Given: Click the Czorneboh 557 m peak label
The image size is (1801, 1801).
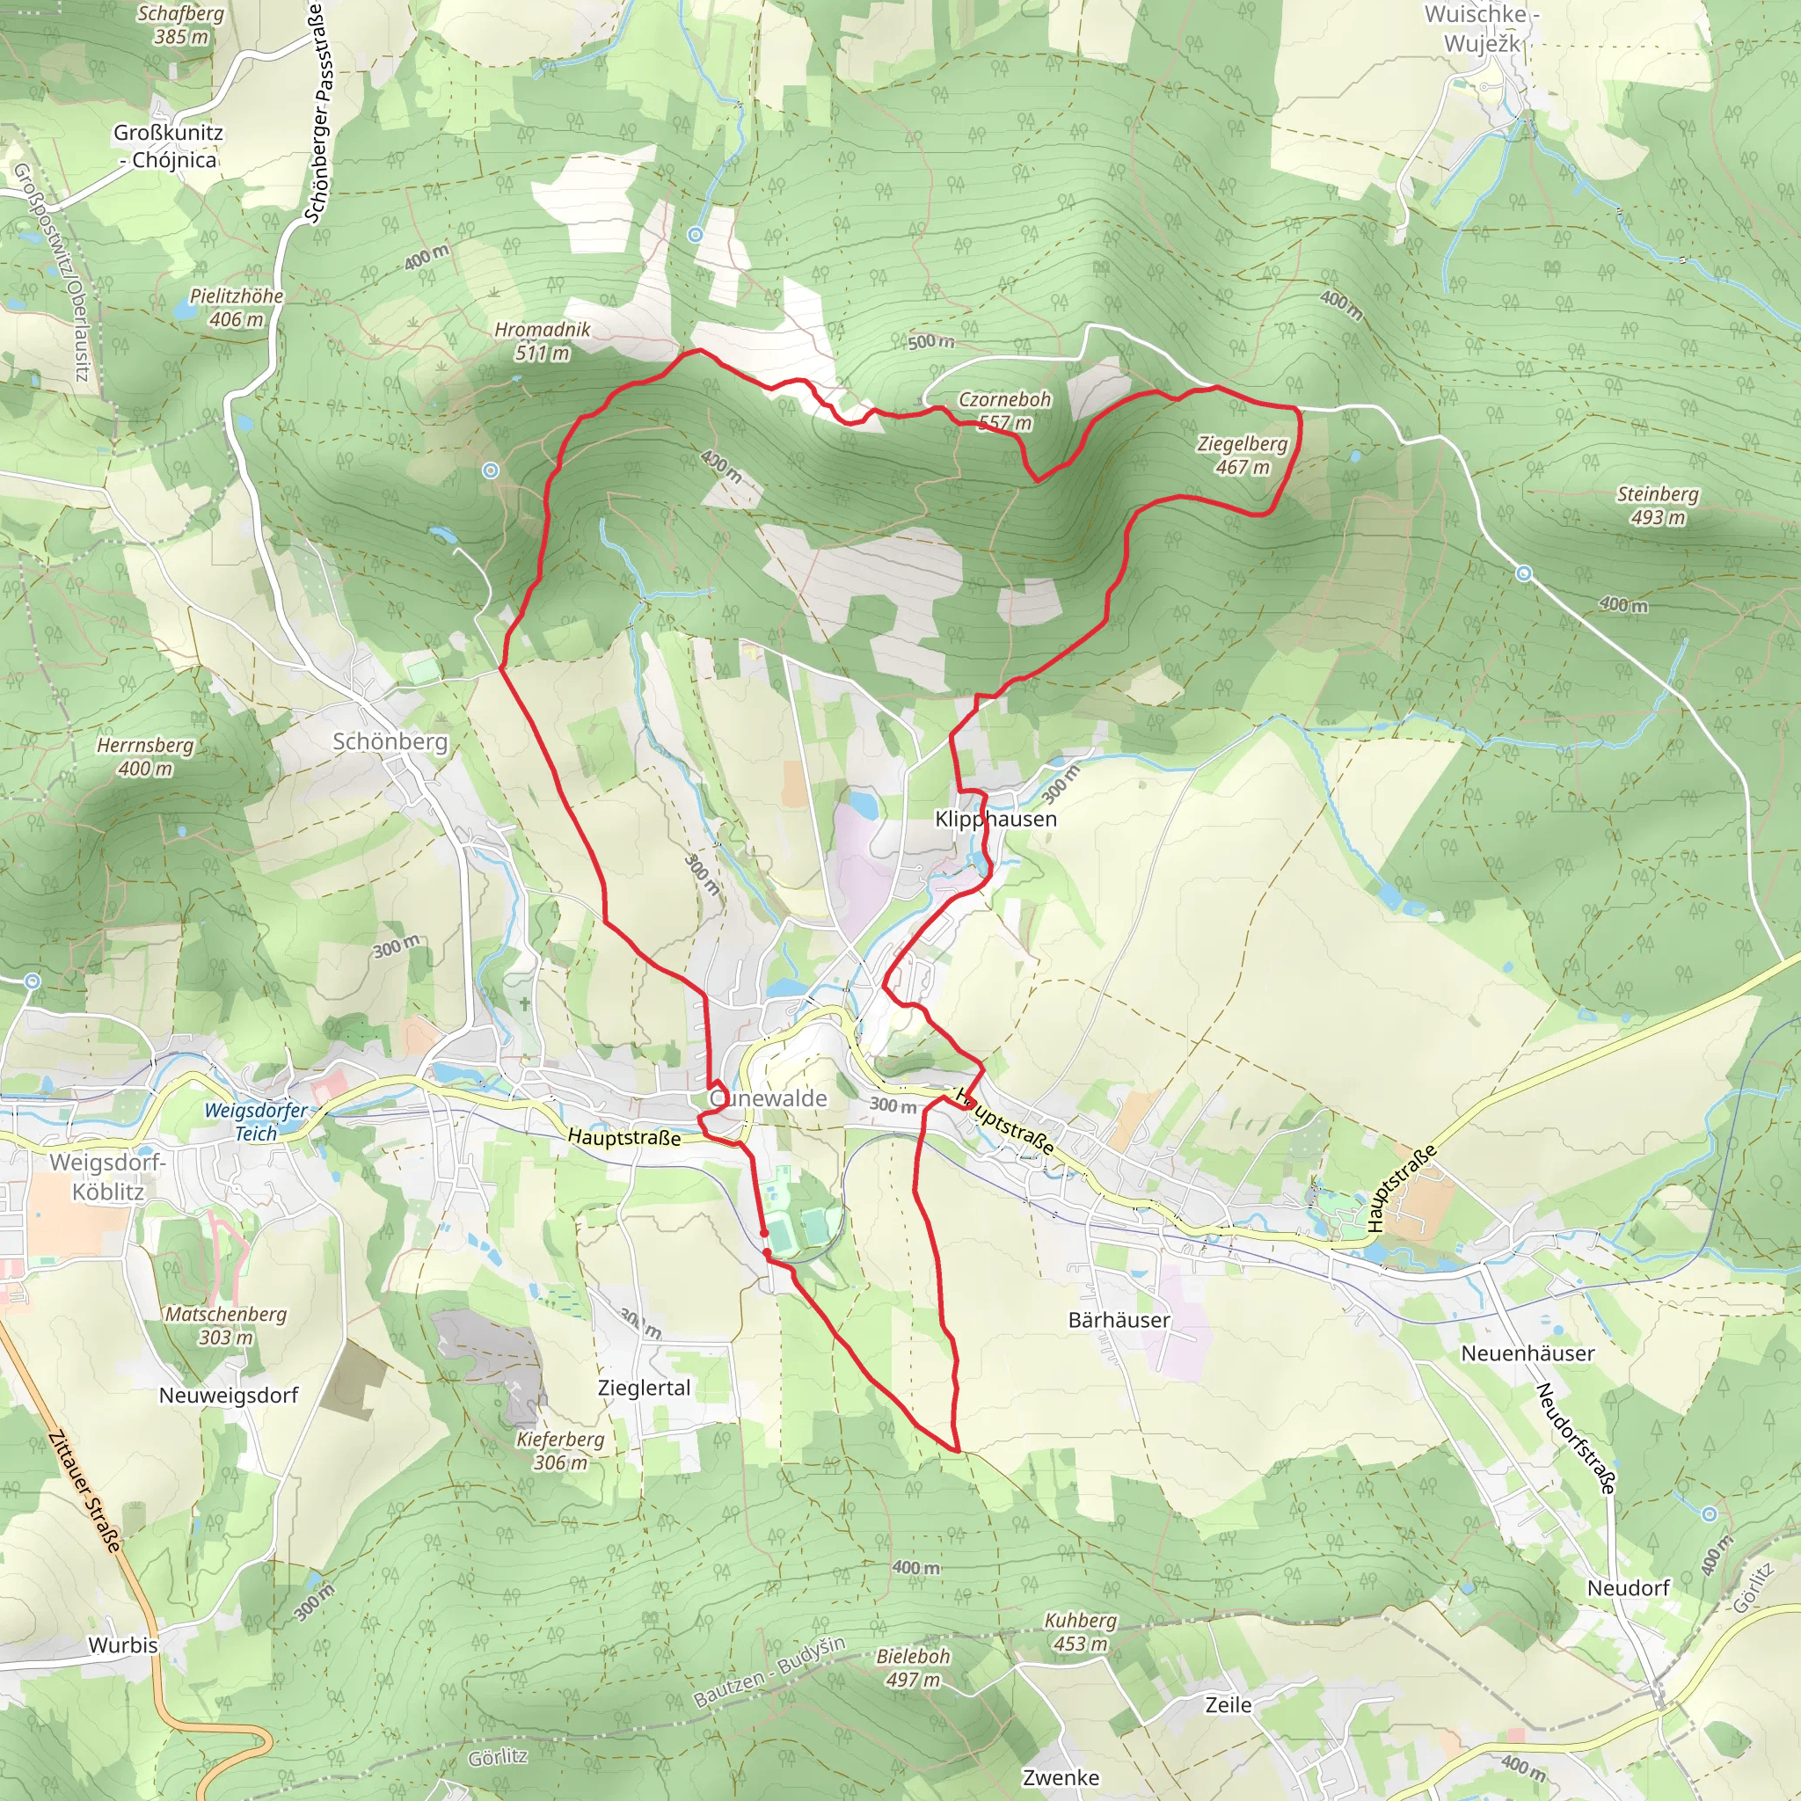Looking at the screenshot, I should [1004, 410].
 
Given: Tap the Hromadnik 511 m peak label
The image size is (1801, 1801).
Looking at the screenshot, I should [542, 341].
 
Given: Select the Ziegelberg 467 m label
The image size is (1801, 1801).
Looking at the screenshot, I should [1242, 455].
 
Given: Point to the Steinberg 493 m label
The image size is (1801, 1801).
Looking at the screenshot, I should [1657, 506].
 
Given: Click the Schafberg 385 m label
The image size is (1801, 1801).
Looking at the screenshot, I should [181, 26].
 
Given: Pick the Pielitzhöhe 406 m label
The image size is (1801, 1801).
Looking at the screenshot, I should [237, 308].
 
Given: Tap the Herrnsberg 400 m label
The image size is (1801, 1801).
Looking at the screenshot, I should [145, 757].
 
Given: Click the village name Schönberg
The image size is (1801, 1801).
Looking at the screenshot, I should [390, 742].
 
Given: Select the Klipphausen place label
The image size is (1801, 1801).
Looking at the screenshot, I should [995, 819].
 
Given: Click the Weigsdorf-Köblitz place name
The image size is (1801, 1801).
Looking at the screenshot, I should [107, 1177].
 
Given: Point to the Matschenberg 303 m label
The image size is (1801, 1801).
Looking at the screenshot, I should [226, 1325].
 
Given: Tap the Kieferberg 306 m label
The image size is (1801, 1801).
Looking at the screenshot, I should [560, 1450].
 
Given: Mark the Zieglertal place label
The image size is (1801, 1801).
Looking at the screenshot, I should [644, 1387].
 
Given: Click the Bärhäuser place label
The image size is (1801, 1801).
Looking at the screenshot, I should [1119, 1320].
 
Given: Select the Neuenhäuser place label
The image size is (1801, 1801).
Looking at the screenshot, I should [1527, 1353].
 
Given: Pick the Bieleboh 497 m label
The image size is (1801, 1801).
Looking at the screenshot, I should [913, 1667].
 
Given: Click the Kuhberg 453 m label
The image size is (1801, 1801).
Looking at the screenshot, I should [1081, 1631].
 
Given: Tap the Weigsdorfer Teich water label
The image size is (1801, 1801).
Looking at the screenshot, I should [255, 1121].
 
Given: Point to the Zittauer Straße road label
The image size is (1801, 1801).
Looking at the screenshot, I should [84, 1491].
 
